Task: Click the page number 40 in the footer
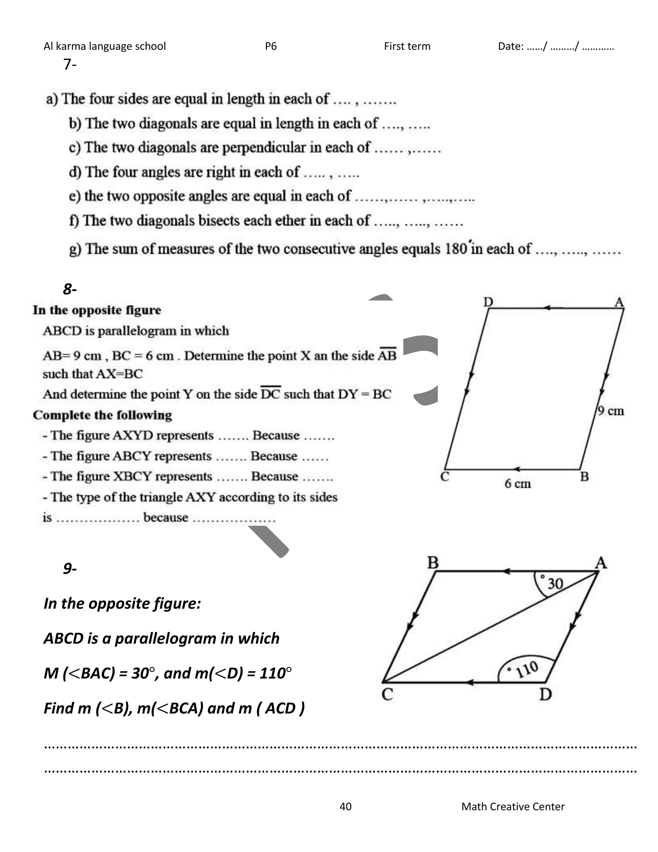pos(345,806)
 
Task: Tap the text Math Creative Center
pos(512,806)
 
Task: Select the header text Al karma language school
pos(104,46)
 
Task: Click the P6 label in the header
pos(271,46)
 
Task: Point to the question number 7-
pos(70,64)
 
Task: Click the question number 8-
pos(70,289)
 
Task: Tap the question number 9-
pos(70,568)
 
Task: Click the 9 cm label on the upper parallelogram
pos(611,411)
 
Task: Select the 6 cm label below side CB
pos(518,484)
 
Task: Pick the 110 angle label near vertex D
pos(527,670)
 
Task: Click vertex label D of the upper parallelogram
pos(488,302)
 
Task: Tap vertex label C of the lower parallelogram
pos(387,695)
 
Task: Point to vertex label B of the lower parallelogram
pos(433,563)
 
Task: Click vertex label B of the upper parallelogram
pos(584,477)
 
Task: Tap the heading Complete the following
pos(102,415)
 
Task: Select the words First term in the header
pos(407,46)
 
